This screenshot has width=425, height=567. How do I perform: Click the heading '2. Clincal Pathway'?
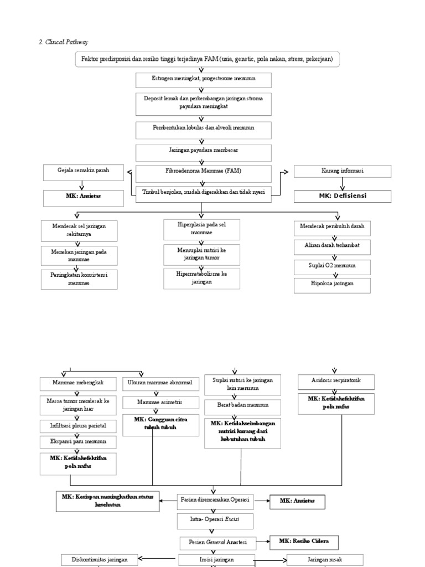[x=62, y=42]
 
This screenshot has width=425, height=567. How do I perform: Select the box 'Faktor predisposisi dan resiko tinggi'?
[x=207, y=59]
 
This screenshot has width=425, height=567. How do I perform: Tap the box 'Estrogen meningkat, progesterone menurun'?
[x=204, y=80]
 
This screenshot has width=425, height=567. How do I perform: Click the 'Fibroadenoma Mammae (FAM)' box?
[x=204, y=172]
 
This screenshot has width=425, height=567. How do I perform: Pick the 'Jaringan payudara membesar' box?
[x=204, y=151]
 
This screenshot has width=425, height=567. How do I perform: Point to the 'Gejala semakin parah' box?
[x=84, y=171]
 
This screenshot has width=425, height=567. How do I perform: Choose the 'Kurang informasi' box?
[x=342, y=172]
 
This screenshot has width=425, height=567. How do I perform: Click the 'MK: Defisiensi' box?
[x=342, y=196]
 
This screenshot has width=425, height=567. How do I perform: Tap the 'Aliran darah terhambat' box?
[x=332, y=245]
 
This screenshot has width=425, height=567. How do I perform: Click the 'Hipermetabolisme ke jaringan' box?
[x=201, y=277]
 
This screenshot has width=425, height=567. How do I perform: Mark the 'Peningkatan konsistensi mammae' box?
[x=79, y=279]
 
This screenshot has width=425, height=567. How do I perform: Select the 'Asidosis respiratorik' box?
[x=335, y=382]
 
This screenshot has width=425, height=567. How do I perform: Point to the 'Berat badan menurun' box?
[x=242, y=405]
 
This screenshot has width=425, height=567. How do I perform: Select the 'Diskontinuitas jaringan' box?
[x=99, y=559]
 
